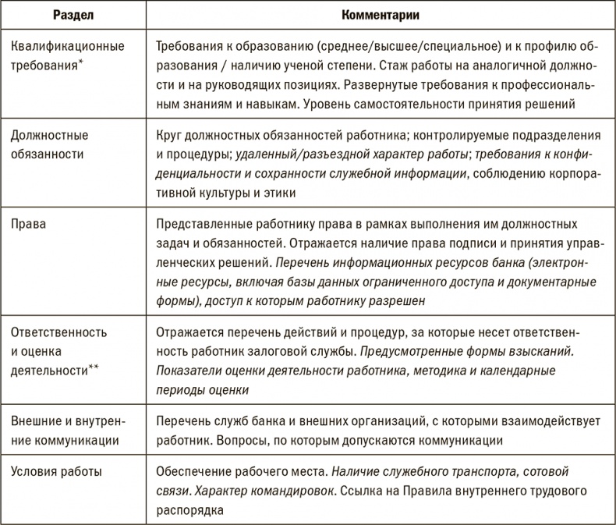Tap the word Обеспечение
194,472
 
